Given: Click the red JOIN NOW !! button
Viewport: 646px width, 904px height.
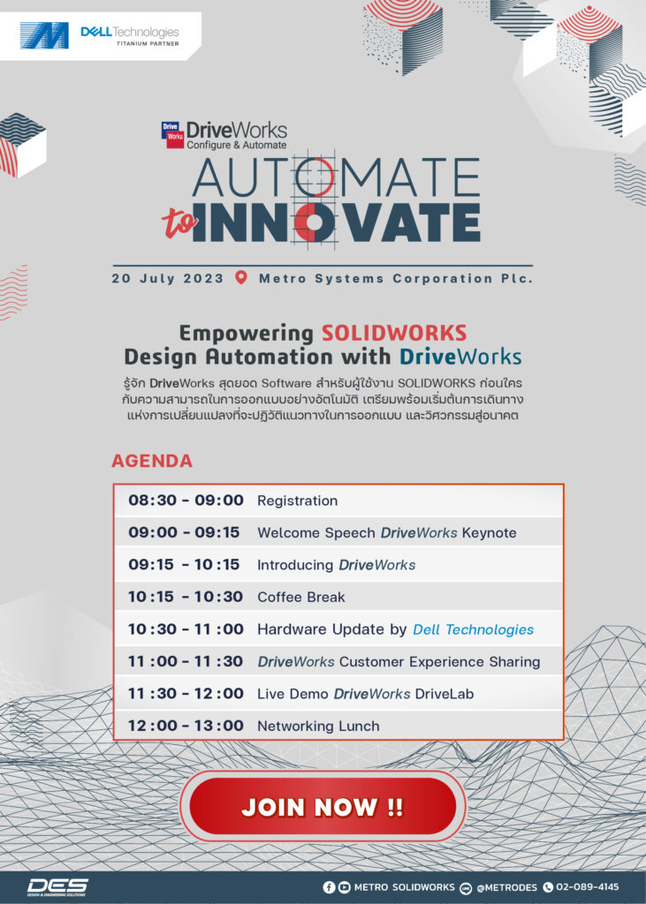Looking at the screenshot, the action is (x=323, y=806).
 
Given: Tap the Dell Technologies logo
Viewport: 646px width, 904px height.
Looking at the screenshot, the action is (x=130, y=35).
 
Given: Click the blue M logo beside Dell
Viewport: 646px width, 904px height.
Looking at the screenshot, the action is (x=44, y=35).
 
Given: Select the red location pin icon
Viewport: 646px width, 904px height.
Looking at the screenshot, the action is (x=241, y=277).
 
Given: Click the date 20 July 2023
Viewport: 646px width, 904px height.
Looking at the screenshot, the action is (x=167, y=278).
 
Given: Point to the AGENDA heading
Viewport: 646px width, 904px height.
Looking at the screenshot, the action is (x=152, y=461).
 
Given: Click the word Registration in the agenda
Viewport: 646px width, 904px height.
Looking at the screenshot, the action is (x=297, y=501).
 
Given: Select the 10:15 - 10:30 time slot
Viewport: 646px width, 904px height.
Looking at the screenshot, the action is (x=186, y=597).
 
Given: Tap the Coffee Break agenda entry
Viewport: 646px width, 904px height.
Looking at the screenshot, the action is (x=300, y=597).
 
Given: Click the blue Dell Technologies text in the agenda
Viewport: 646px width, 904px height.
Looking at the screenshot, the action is (x=474, y=629).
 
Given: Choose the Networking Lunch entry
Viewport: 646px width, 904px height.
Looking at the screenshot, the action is (x=318, y=726).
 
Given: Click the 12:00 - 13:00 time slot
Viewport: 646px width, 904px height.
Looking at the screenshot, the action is (x=186, y=726).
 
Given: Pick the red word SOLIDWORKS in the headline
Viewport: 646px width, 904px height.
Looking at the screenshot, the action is (x=394, y=333).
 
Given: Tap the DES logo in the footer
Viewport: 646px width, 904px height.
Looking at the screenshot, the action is (x=57, y=887).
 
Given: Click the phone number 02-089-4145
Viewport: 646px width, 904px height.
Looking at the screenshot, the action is (x=587, y=886).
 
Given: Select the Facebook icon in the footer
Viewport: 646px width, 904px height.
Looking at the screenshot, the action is (x=329, y=887).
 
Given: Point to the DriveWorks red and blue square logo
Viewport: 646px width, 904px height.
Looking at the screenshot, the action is (x=172, y=134).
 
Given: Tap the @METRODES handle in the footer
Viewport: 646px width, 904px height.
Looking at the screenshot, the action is (x=506, y=887).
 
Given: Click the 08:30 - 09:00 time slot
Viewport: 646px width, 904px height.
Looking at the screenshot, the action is (x=186, y=500).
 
